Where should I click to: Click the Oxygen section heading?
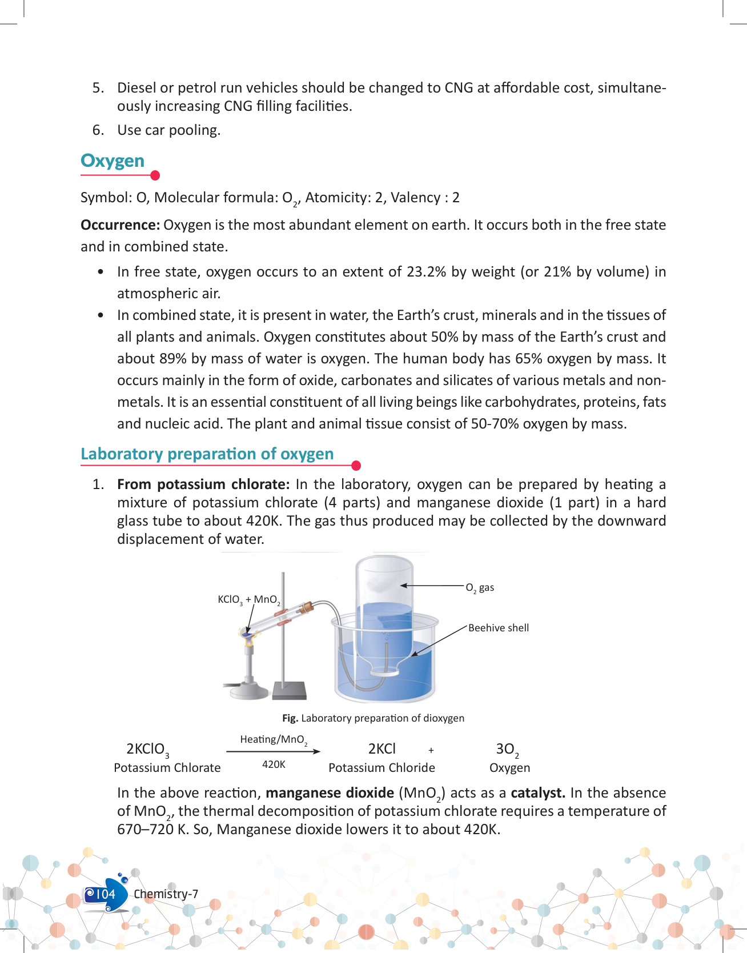coord(113,161)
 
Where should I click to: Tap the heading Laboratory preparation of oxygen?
coord(207,454)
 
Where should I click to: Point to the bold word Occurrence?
coord(120,225)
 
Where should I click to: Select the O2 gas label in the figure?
coord(480,587)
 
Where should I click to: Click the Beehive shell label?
coord(499,628)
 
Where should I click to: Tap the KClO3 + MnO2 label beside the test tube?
coord(248,600)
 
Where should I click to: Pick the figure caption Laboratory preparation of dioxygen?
coord(373,718)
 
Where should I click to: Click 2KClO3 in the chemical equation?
coord(147,750)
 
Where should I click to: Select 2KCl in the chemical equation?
coord(381,749)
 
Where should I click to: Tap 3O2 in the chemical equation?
coord(507,750)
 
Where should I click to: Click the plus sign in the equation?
coord(431,750)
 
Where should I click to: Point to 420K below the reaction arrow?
coord(274,764)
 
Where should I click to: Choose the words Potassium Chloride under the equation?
coord(381,768)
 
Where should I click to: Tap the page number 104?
coord(105,894)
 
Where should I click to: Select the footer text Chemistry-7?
coord(166,894)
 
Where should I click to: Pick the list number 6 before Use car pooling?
coord(98,130)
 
